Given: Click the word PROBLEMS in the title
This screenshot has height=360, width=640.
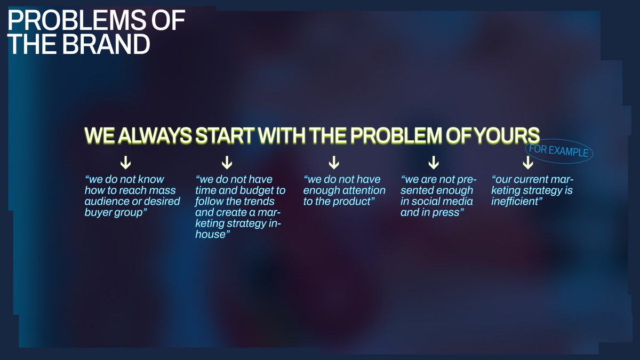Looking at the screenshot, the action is pos(77,20).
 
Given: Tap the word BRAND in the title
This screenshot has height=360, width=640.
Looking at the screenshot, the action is pos(106,44).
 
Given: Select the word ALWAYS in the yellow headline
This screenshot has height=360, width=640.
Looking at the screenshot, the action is pos(155,135).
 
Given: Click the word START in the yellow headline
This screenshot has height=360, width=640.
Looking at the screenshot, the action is pos(225,135).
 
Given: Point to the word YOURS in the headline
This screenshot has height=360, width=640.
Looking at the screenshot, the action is pos(507,135).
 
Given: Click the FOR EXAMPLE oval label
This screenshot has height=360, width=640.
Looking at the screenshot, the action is pos(558,151).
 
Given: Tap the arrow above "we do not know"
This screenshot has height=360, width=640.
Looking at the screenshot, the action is pos(125,163).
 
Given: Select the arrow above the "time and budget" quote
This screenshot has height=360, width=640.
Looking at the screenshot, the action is pos(227,163).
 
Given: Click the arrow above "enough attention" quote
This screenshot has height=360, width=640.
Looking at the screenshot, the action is pos(334,163).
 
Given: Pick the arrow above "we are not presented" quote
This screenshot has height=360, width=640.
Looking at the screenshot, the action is pos(434,163).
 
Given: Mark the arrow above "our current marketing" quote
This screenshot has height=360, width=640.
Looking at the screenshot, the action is pos(527,163).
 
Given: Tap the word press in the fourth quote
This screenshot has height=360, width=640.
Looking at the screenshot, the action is pos(447,213).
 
